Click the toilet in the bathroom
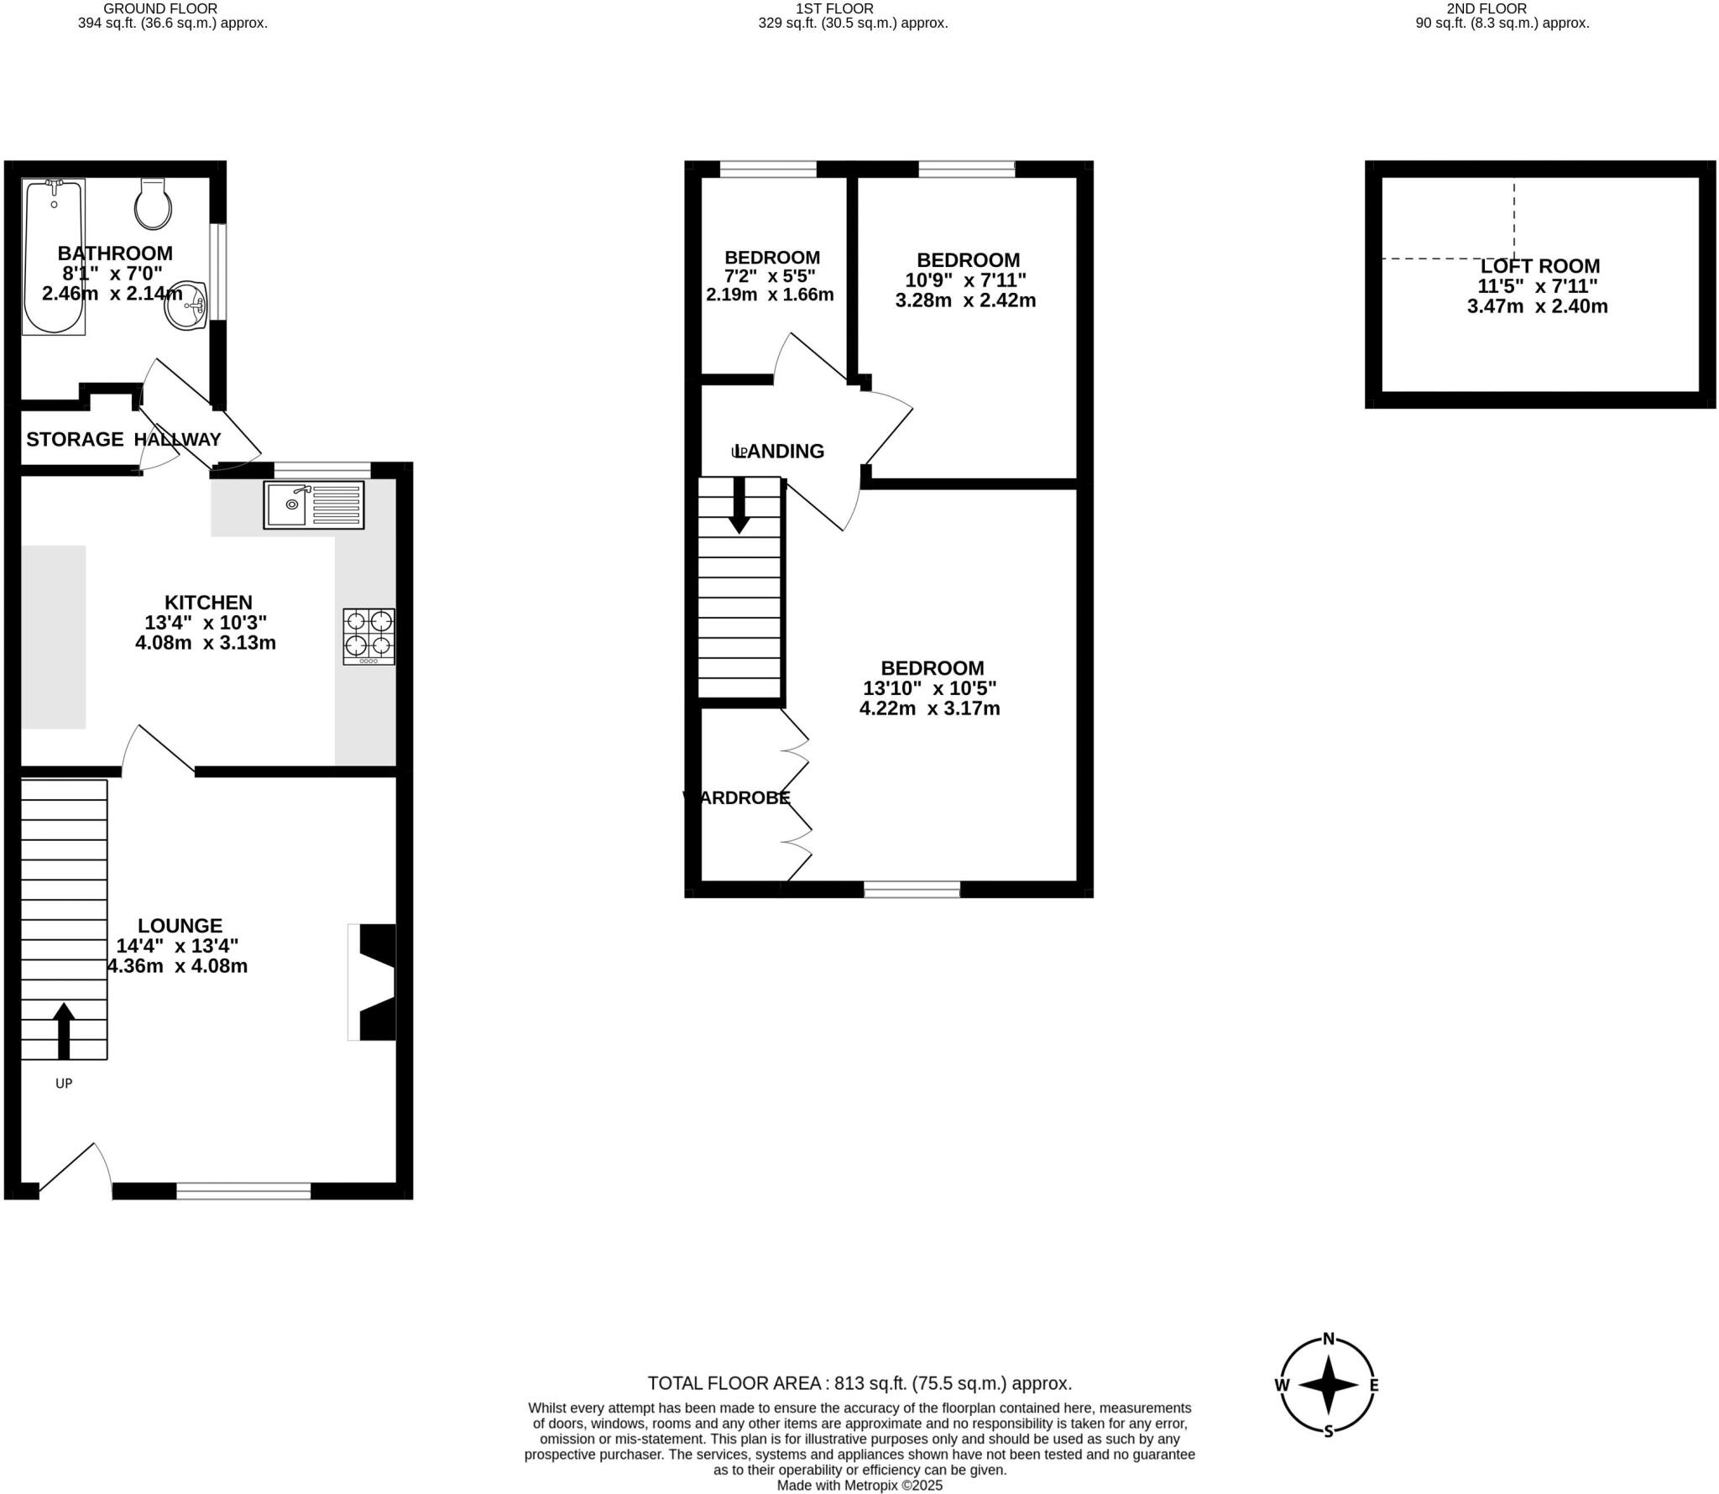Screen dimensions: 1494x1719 tap(153, 205)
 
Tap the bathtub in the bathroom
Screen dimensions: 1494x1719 tap(54, 257)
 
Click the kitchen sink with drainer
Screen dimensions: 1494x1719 tap(314, 504)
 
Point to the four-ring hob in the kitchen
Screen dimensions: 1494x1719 tap(368, 636)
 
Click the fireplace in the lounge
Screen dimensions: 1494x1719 tap(374, 982)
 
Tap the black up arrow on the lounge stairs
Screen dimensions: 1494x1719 tap(64, 1030)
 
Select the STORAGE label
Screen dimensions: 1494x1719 tap(75, 439)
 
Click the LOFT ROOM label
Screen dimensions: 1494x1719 tap(1540, 266)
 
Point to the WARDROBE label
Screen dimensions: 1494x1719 tap(737, 797)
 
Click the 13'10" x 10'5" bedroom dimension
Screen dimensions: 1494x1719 tap(929, 688)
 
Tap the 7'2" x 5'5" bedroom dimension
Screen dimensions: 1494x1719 tap(770, 276)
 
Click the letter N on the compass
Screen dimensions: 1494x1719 tap(1329, 1362)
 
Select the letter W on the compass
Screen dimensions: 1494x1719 tap(1282, 1409)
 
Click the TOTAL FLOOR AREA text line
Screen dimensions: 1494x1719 tap(859, 1383)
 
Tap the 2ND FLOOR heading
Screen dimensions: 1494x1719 tap(1502, 8)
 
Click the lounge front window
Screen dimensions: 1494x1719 tap(243, 1191)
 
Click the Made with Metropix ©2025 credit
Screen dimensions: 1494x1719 tap(859, 1486)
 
